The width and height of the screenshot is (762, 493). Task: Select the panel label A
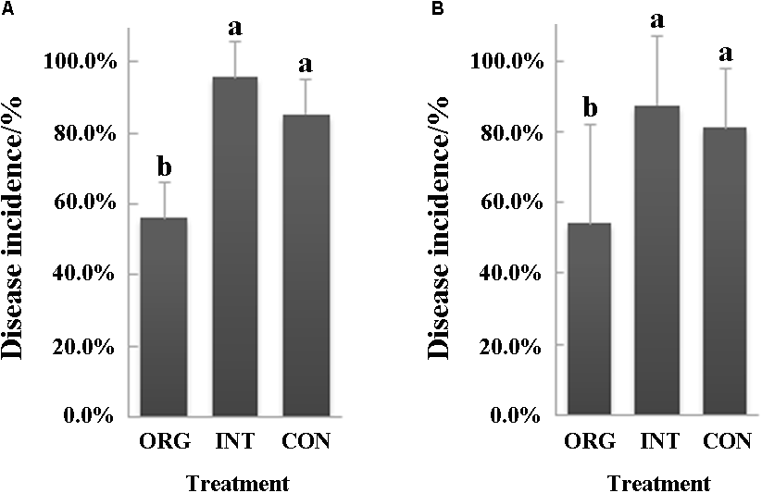6,8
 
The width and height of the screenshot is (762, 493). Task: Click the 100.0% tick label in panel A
80,62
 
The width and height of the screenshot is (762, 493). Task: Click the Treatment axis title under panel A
237,483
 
